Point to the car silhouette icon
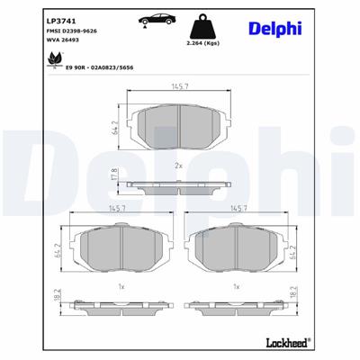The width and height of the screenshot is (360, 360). (152, 21)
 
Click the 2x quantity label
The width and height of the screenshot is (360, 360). (178, 166)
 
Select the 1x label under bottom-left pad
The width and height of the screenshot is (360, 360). (121, 286)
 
